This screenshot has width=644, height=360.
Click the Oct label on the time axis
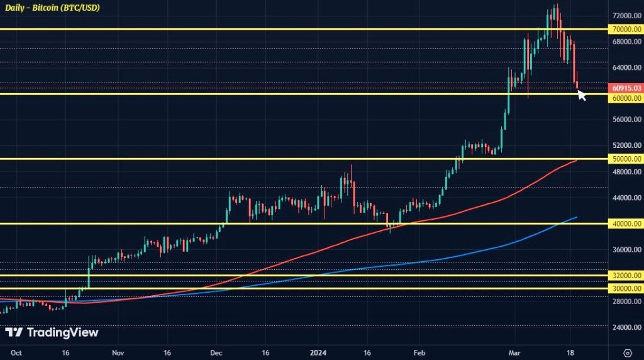point(17,352)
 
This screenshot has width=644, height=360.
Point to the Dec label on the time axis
point(216,352)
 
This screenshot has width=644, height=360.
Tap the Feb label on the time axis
point(419,352)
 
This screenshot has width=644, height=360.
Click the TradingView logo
point(52,332)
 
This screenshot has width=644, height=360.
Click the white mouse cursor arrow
point(581,94)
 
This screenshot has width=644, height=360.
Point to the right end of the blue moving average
point(577,217)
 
